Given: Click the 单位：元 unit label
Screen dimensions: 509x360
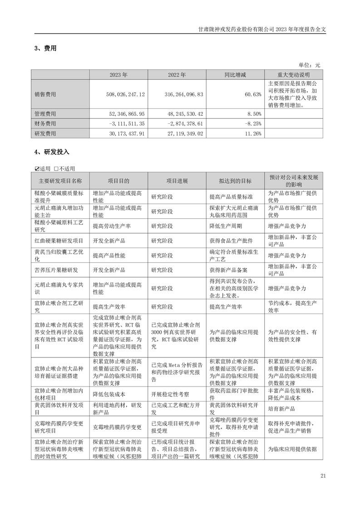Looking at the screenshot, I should [309, 65].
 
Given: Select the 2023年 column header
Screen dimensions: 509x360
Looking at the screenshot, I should [118, 75].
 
